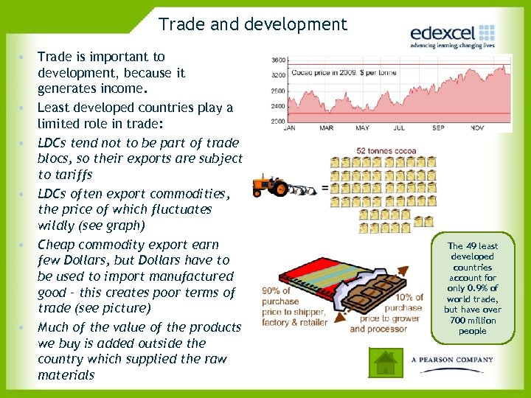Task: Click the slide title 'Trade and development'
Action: (x=252, y=24)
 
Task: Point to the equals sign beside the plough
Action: (x=324, y=189)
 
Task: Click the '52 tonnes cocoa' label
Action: (x=386, y=151)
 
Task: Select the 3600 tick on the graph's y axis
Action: (x=279, y=60)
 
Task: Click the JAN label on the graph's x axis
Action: (x=290, y=128)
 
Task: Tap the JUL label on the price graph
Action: (x=399, y=128)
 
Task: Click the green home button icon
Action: (x=386, y=362)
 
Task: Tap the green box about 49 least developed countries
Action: (x=472, y=288)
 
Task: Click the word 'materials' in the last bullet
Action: (x=66, y=375)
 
